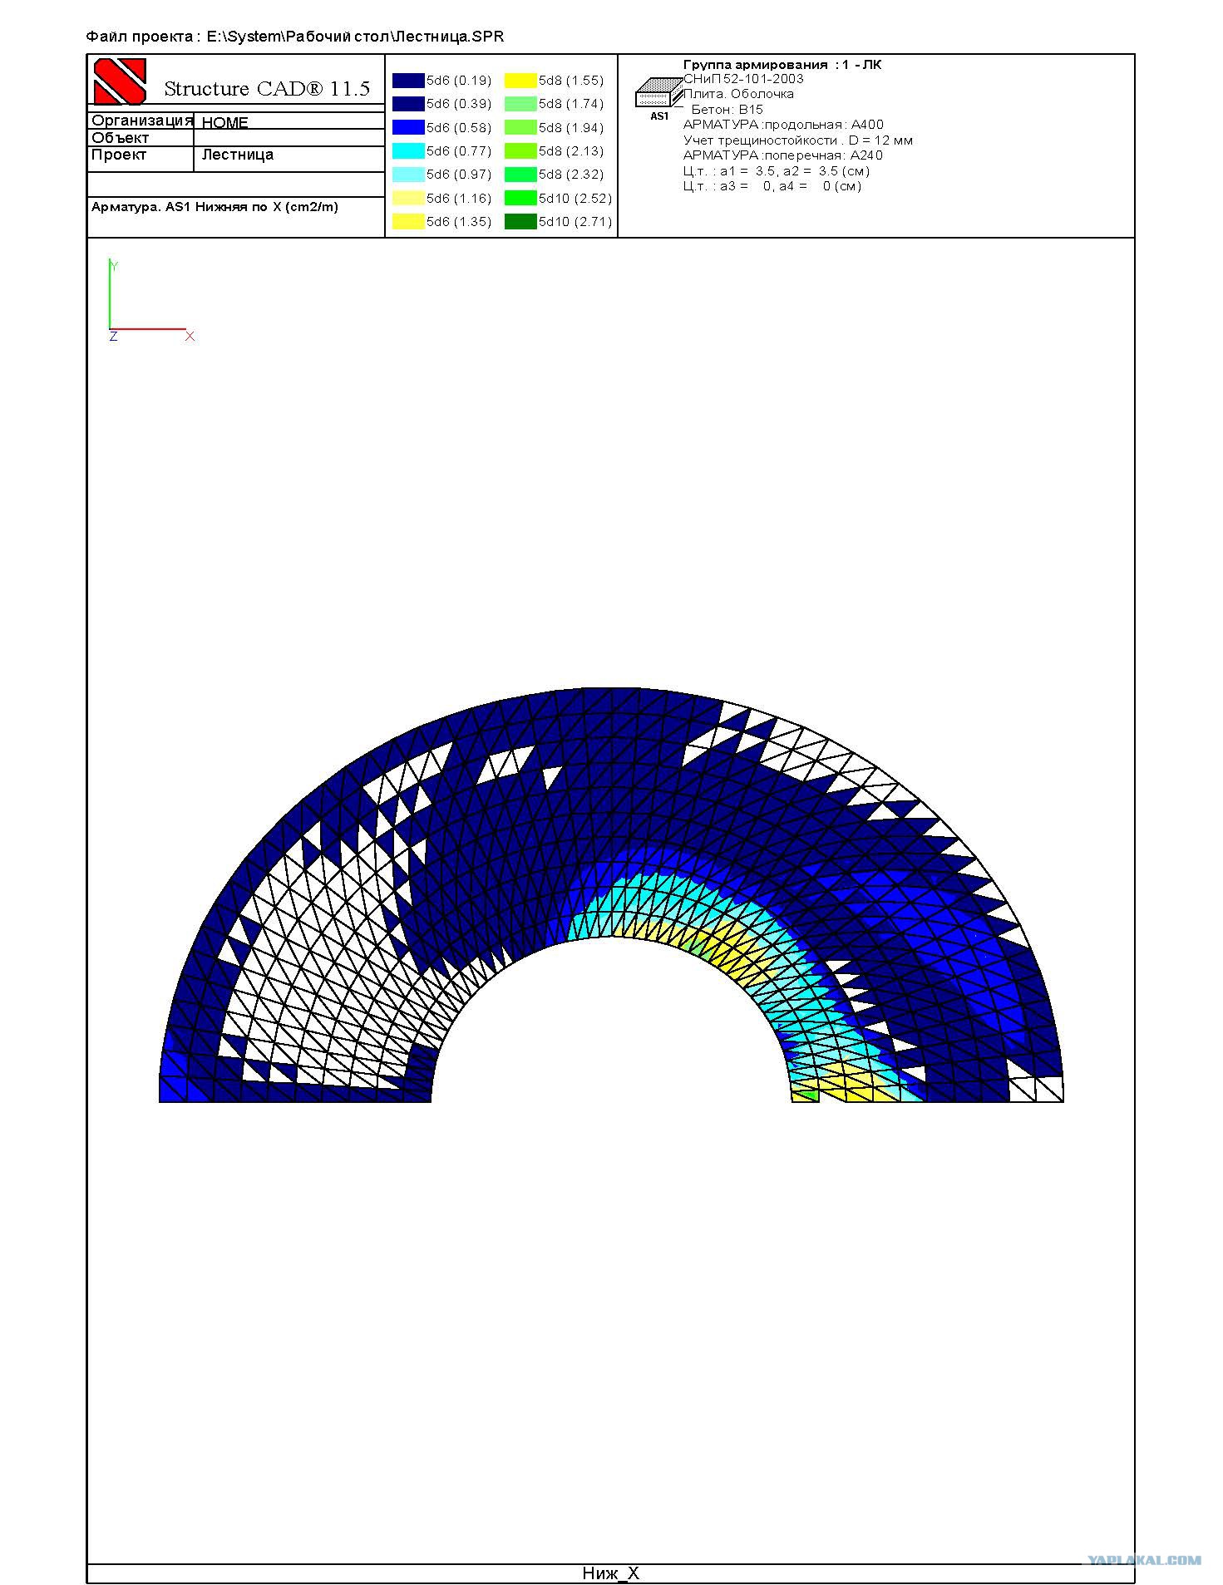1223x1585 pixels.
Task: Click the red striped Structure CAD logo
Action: pyautogui.click(x=120, y=81)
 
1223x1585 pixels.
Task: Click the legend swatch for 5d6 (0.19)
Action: pyautogui.click(x=408, y=81)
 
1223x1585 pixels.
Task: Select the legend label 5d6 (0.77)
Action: pyautogui.click(x=459, y=151)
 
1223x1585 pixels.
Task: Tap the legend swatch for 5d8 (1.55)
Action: pyautogui.click(x=520, y=81)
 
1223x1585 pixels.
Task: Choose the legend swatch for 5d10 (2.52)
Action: pyautogui.click(x=520, y=198)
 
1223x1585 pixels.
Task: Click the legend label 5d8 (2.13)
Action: pyautogui.click(x=571, y=151)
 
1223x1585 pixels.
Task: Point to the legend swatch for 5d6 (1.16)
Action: pyautogui.click(x=408, y=198)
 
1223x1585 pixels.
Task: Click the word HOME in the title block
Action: pyautogui.click(x=225, y=122)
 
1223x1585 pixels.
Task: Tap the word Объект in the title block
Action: pyautogui.click(x=121, y=138)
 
